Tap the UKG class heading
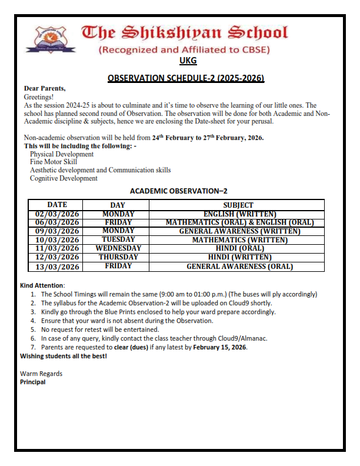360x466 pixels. tap(188, 61)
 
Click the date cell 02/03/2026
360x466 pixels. tap(57, 214)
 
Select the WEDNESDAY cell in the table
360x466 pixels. tap(118, 248)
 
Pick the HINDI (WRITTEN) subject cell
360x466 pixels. tap(239, 257)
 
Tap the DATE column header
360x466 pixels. tap(57, 205)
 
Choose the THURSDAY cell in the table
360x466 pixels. tap(118, 257)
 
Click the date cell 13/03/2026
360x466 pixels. tap(57, 266)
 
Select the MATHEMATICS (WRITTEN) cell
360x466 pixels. tap(239, 239)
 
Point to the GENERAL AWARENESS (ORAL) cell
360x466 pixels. tap(239, 266)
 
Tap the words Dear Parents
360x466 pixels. tap(45, 88)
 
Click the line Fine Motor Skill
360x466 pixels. tap(53, 162)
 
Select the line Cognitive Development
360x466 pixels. tap(64, 178)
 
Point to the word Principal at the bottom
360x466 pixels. tap(32, 382)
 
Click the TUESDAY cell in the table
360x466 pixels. tap(118, 239)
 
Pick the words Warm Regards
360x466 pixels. tap(41, 374)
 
